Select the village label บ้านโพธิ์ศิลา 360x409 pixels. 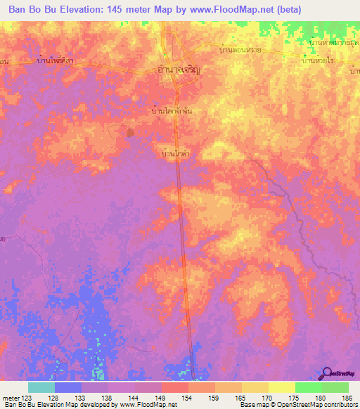(x=56, y=61)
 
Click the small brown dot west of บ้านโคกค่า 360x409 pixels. (x=129, y=131)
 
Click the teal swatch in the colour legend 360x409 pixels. (x=41, y=387)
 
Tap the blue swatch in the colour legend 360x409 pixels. (x=68, y=387)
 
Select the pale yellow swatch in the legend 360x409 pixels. (x=281, y=387)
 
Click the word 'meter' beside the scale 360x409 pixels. (x=8, y=398)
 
